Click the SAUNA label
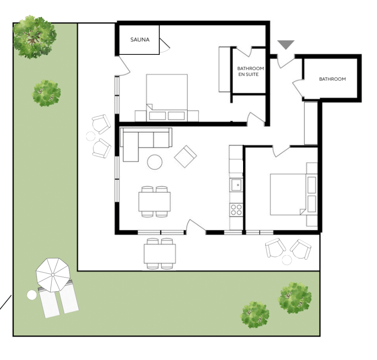pyautogui.click(x=140, y=40)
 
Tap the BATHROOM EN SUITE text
pyautogui.click(x=251, y=72)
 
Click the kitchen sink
pyautogui.click(x=236, y=185)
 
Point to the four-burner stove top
pyautogui.click(x=236, y=210)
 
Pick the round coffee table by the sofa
pyautogui.click(x=155, y=162)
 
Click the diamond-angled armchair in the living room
pyautogui.click(x=185, y=156)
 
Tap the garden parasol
pyautogui.click(x=53, y=275)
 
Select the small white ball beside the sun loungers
pyautogui.click(x=32, y=295)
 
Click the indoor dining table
pyautogui.click(x=154, y=201)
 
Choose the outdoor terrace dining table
pyautogui.click(x=160, y=254)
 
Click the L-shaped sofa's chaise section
pyautogui.click(x=131, y=147)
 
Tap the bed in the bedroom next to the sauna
pyautogui.click(x=167, y=98)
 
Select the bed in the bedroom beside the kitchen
pyautogui.click(x=288, y=194)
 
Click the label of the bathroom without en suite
pyautogui.click(x=332, y=79)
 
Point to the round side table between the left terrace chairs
pyautogui.click(x=91, y=136)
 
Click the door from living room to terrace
pyautogui.click(x=196, y=226)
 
